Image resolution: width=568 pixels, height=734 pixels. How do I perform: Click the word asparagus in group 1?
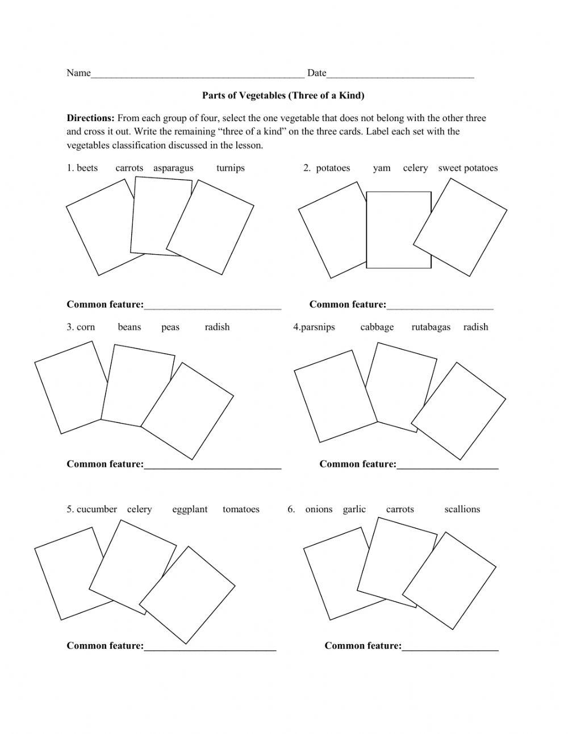173,168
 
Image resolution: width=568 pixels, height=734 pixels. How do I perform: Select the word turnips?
230,168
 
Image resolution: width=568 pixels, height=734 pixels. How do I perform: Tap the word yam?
382,168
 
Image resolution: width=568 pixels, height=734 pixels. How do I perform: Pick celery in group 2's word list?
415,168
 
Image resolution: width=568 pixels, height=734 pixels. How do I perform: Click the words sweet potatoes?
467,168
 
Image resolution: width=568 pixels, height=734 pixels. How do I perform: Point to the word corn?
86,327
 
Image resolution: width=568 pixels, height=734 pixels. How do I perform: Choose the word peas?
170,327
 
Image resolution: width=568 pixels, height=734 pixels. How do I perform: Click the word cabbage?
377,327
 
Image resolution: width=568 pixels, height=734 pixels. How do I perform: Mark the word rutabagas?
431,327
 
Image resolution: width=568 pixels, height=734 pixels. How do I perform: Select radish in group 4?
475,327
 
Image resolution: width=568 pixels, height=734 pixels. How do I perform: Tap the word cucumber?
97,509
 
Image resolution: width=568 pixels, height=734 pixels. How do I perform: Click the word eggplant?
190,509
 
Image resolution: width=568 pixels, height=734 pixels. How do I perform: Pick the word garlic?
354,509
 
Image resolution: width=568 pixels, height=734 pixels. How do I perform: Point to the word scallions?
462,509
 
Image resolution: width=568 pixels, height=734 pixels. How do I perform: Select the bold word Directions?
91,118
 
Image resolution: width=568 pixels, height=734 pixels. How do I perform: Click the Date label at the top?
316,73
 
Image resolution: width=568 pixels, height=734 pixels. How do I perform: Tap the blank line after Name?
198,74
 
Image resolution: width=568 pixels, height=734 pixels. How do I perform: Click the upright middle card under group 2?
398,230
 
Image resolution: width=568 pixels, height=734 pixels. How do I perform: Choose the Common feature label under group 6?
363,646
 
